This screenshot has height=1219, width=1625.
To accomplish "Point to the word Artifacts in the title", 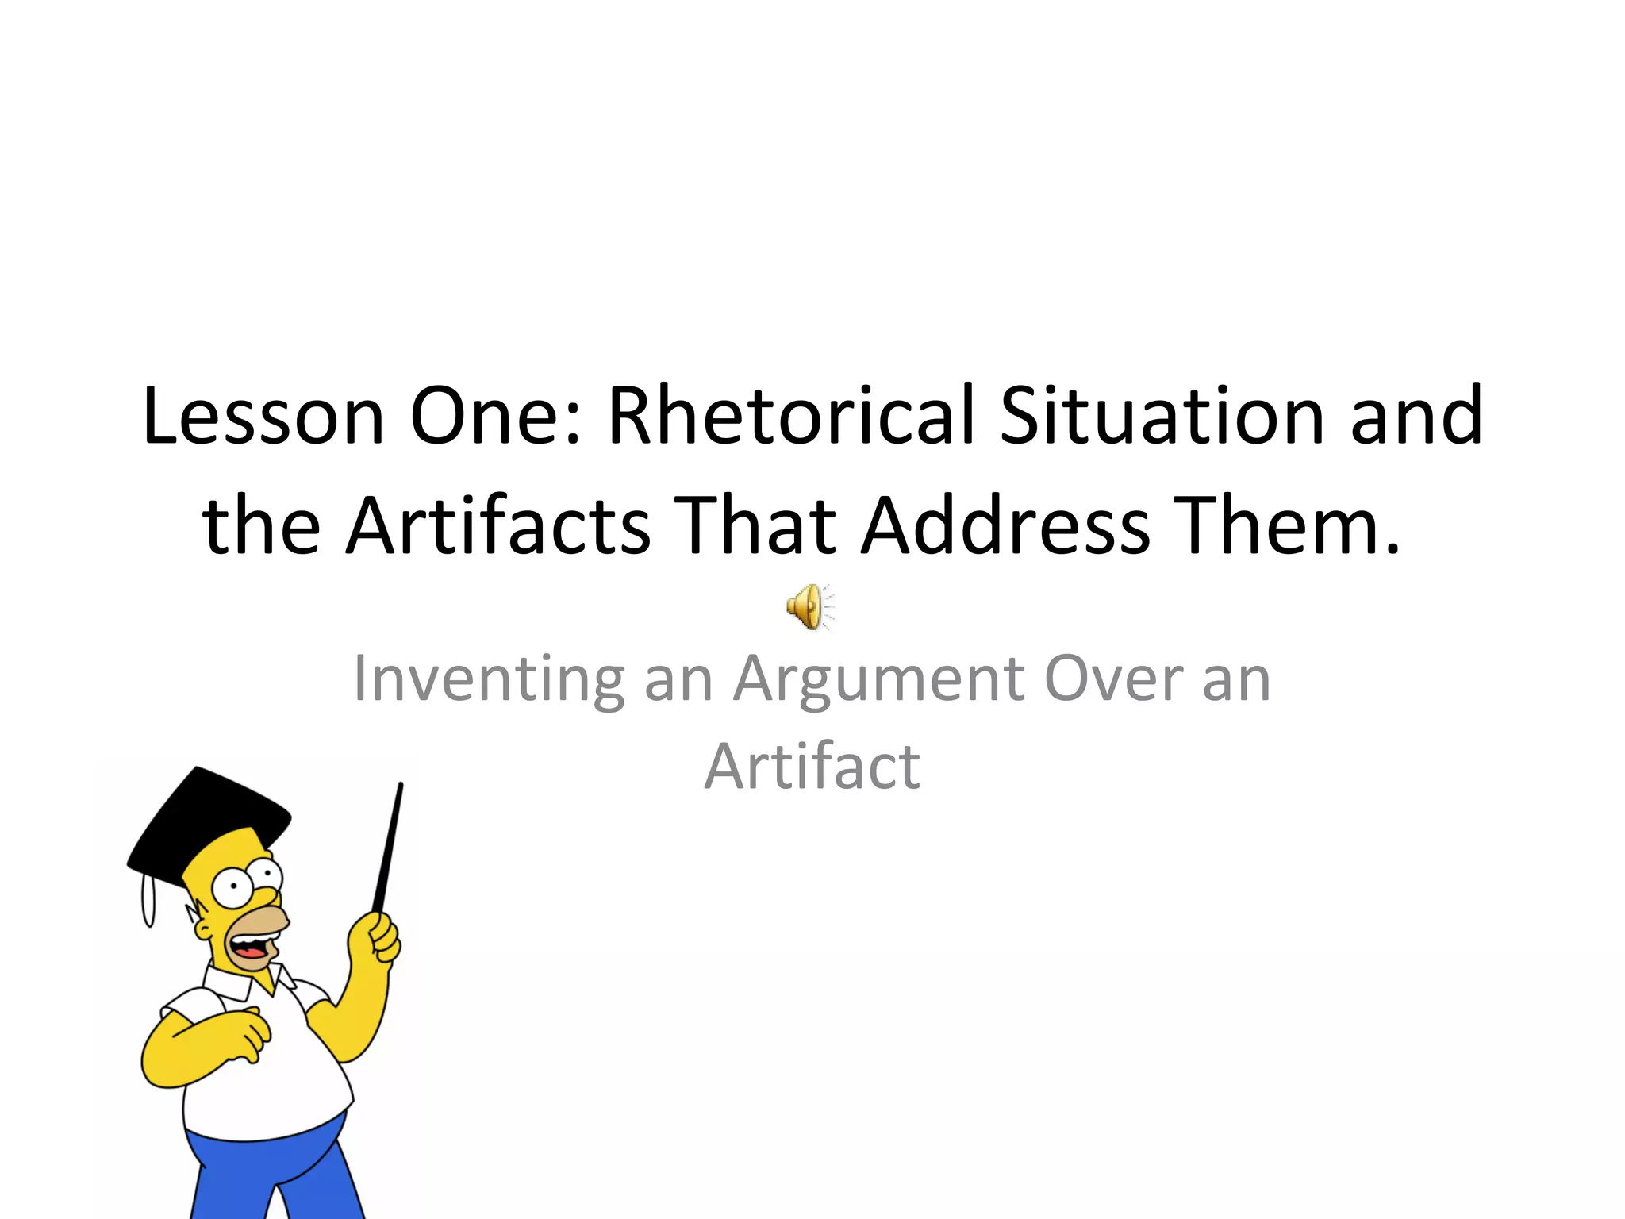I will (498, 526).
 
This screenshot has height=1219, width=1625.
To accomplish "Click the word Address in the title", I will (1005, 526).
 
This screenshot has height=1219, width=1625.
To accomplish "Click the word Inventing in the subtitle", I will (488, 679).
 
